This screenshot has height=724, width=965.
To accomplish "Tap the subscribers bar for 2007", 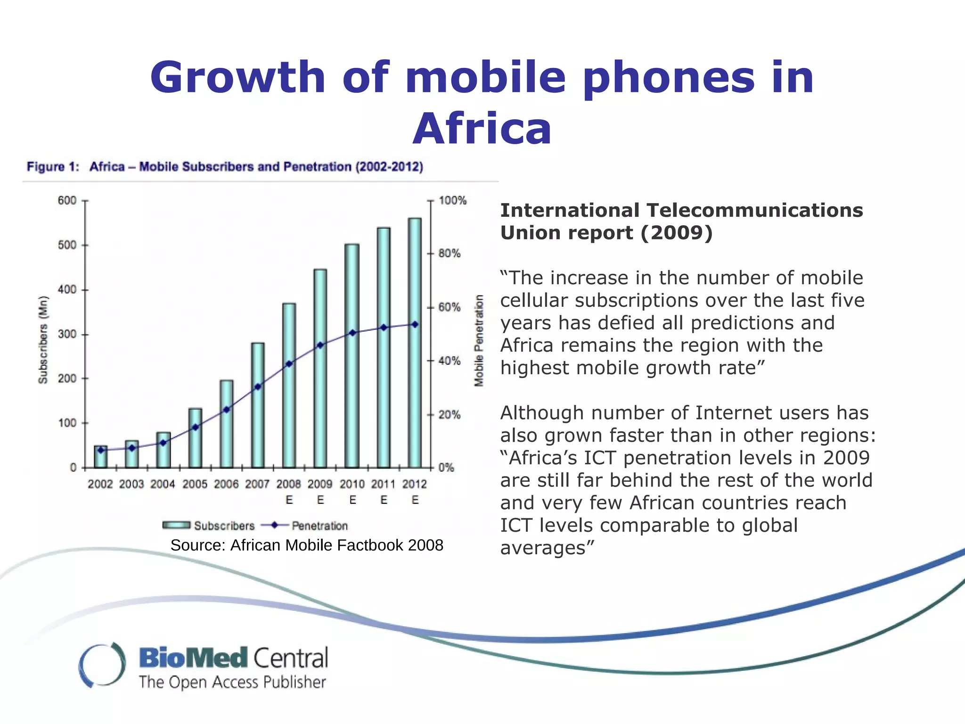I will point(258,405).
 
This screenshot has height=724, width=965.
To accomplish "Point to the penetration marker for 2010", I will point(352,333).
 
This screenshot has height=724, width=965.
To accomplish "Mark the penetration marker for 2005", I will point(196,428).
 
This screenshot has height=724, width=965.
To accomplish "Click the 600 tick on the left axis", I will point(67,200).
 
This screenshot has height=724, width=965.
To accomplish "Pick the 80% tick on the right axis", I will point(449,254).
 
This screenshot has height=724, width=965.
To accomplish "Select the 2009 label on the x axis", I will point(320,484).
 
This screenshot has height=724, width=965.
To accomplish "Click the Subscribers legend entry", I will point(208,526).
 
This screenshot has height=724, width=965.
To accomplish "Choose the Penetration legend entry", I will point(304,526).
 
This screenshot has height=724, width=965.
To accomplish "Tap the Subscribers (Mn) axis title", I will point(43,339).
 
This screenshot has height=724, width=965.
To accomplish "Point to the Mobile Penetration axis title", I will point(479,340).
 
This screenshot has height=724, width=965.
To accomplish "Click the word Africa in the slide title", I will point(482,129).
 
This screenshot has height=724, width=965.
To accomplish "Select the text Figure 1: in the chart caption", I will point(53,167).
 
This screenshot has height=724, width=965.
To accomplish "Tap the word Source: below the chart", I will point(198,545).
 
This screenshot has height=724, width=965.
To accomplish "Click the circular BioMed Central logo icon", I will point(102,665).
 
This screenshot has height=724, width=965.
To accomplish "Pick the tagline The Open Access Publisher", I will point(232,682).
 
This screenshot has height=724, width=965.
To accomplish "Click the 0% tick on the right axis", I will point(446,468).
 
